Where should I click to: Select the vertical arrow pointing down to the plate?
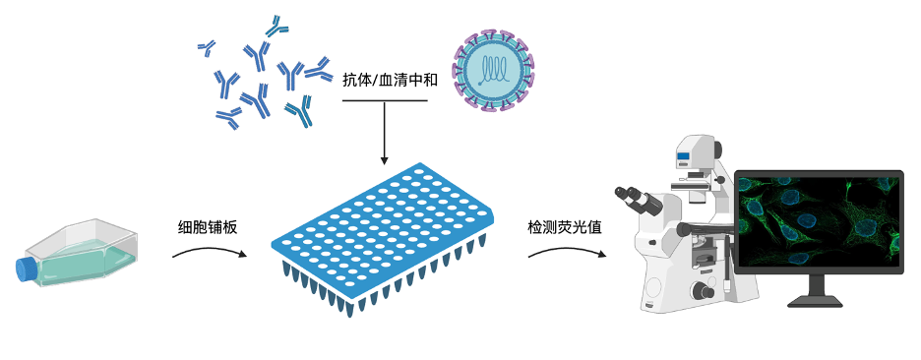pos(385,132)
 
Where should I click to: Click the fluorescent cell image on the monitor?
pos(819,220)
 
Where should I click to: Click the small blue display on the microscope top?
pos(683,155)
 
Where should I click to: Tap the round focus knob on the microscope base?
pos(703,290)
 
